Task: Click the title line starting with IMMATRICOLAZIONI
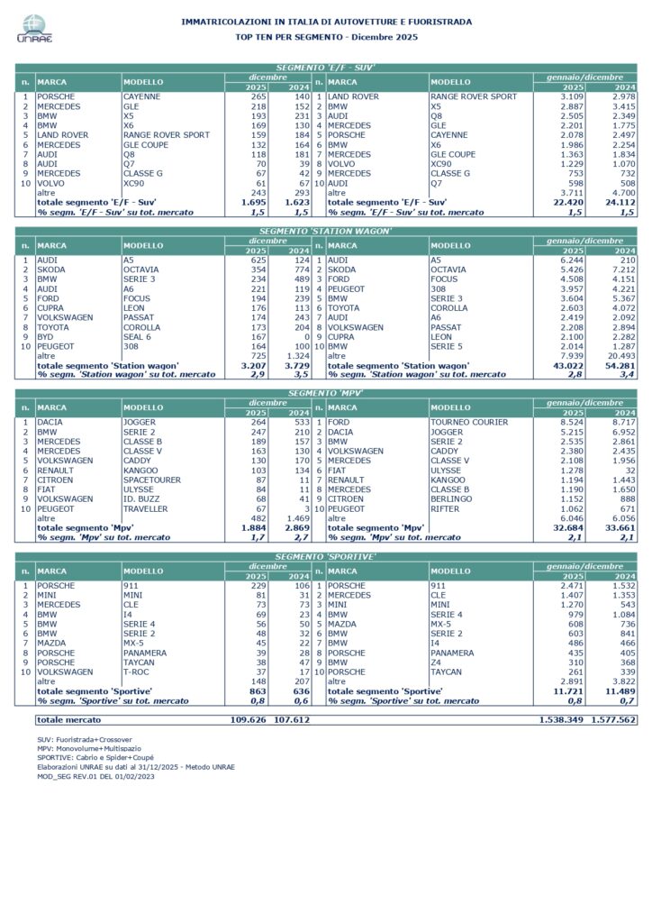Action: coord(326,21)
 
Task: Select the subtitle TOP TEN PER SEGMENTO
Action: coord(326,36)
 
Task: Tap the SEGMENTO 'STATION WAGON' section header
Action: coord(326,231)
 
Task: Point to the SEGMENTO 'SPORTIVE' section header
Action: coord(326,556)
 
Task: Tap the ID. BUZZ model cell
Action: coord(140,498)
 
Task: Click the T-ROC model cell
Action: coord(137,671)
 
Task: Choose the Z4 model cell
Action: coord(436,662)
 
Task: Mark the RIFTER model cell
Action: coord(445,507)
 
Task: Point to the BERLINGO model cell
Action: coord(450,498)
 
